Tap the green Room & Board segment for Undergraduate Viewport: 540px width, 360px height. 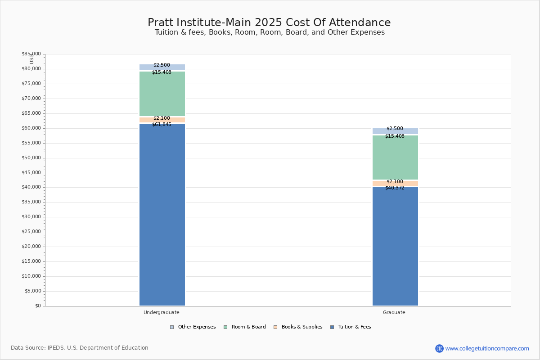pos(162,94)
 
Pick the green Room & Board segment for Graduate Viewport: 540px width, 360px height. pos(395,157)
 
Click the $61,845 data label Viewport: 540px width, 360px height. pos(162,124)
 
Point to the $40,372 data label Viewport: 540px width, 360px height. pos(395,188)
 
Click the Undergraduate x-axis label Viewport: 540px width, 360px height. pos(162,312)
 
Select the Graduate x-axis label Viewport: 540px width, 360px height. pos(394,312)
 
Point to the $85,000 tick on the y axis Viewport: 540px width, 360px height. pos(31,54)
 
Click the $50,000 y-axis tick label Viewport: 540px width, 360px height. pos(31,158)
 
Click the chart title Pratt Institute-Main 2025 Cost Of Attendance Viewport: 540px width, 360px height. pos(269,22)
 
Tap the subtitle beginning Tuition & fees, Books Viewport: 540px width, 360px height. pos(270,32)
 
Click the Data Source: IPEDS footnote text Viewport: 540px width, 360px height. pos(80,348)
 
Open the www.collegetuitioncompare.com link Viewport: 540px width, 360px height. pos(487,348)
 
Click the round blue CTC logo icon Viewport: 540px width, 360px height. pos(439,348)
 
